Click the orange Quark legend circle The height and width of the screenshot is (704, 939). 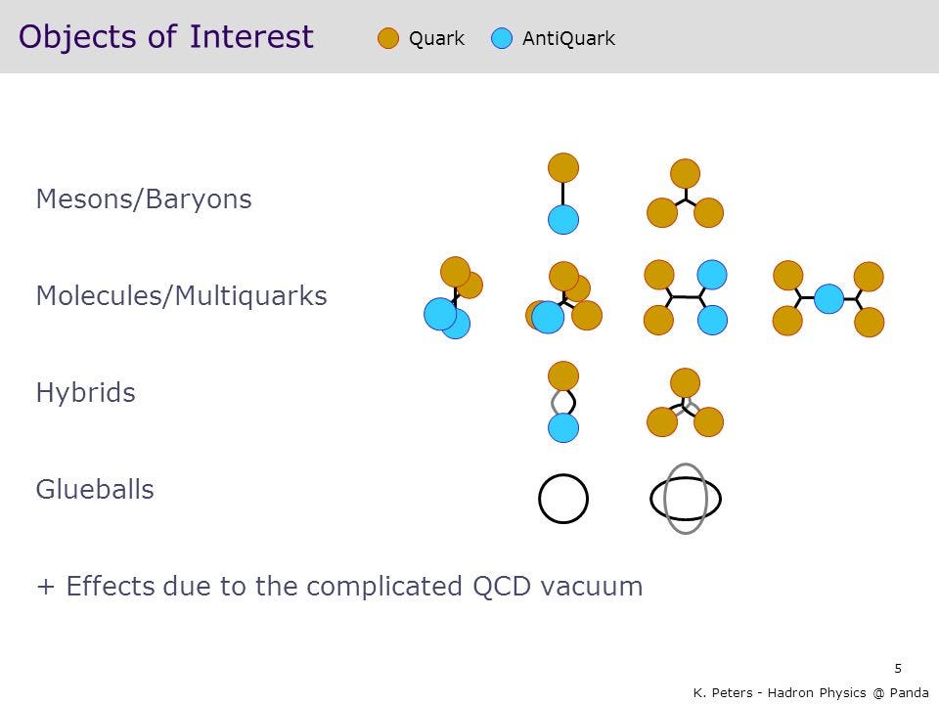point(388,38)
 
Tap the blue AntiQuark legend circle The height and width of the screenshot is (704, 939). point(501,38)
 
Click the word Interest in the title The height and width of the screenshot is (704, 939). point(251,36)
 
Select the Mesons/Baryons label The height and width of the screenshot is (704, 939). point(144,199)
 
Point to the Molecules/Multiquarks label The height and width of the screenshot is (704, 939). point(182,295)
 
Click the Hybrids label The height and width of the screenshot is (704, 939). point(86,393)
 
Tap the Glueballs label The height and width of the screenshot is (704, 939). point(95,489)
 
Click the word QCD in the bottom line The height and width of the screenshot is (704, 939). point(501,586)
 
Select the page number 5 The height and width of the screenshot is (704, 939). point(898,668)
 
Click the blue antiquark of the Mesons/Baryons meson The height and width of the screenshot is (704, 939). point(563,219)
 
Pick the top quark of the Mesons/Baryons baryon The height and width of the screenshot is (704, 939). point(685,174)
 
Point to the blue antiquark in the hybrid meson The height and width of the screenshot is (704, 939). point(563,427)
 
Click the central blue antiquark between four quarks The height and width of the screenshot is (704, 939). point(828,299)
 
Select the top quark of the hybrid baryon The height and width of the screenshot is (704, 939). point(685,383)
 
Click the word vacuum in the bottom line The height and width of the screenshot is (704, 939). point(591,586)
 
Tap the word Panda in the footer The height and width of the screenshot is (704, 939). point(909,692)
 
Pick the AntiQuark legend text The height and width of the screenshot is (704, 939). point(568,38)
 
